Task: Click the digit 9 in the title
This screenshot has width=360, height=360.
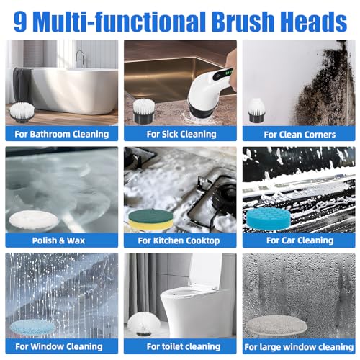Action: [20, 21]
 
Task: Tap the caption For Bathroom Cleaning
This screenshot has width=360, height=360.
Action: [62, 134]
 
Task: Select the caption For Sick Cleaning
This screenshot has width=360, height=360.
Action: [181, 134]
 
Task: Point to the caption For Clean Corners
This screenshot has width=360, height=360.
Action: [300, 135]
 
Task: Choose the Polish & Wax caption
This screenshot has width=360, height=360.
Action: [58, 240]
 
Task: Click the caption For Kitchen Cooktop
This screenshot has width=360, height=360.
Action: [179, 240]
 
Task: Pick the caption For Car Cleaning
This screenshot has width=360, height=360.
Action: [300, 240]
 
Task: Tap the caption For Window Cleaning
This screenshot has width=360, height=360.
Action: [59, 346]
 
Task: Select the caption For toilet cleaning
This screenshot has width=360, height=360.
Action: [184, 346]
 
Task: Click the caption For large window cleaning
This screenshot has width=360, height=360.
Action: [299, 347]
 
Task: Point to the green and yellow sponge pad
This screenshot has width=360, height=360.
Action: [150, 220]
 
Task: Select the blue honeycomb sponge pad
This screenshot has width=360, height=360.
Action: [269, 219]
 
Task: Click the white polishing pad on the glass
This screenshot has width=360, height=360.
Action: [34, 220]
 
